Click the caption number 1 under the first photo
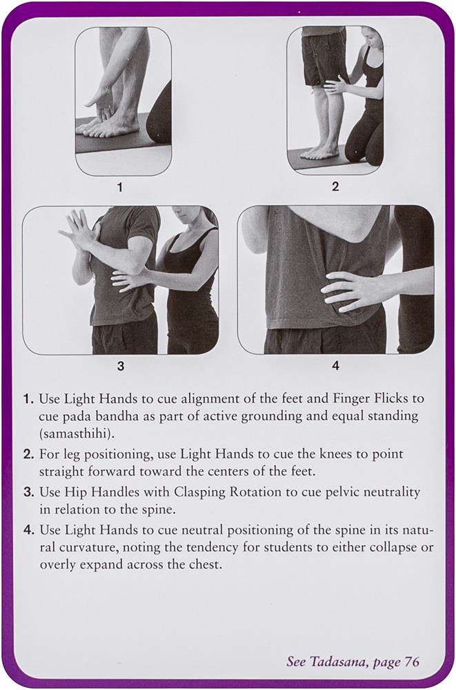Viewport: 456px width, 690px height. pyautogui.click(x=120, y=188)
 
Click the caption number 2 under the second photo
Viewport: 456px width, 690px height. pyautogui.click(x=335, y=186)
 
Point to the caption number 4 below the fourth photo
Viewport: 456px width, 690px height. pyautogui.click(x=335, y=365)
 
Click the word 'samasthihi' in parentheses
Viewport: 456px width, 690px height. pyautogui.click(x=77, y=434)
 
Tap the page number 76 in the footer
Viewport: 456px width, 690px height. pyautogui.click(x=412, y=662)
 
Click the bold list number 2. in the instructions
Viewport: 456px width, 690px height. pyautogui.click(x=29, y=454)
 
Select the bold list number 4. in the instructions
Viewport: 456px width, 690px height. pyautogui.click(x=29, y=530)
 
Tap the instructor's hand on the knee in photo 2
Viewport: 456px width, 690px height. pyautogui.click(x=336, y=84)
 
